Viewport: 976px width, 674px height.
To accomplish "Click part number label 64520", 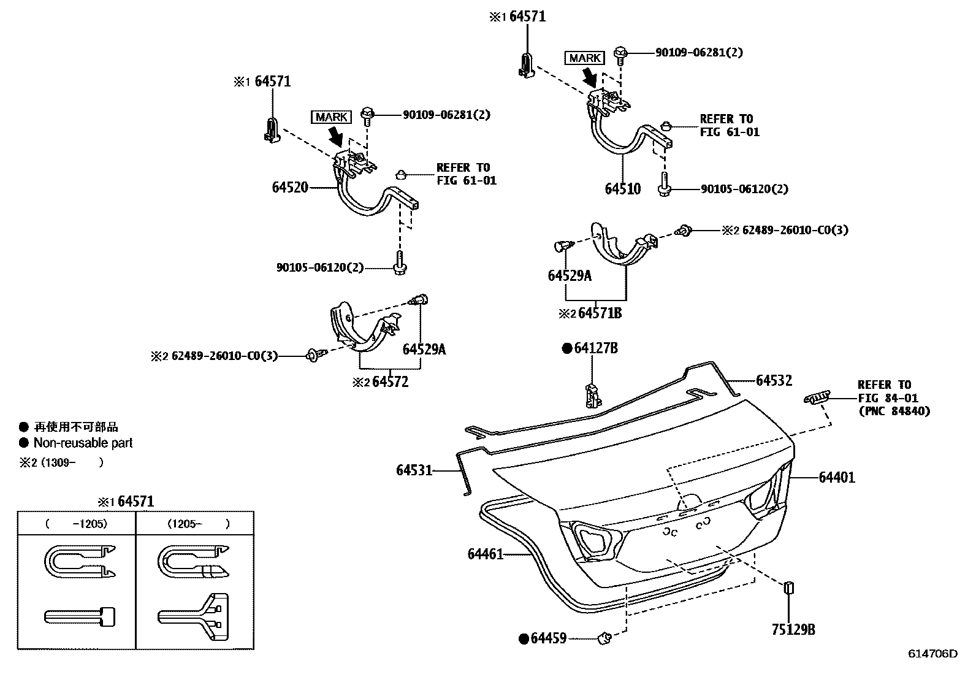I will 289,188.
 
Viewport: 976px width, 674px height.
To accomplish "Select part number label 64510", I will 622,189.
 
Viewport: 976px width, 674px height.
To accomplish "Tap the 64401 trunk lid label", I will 836,477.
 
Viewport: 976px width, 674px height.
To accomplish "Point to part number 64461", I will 485,554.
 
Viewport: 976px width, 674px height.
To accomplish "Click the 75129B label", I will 793,630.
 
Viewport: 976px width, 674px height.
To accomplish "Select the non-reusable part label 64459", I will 548,639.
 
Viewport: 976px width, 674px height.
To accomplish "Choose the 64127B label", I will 595,349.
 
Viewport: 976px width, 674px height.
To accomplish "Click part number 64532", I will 774,381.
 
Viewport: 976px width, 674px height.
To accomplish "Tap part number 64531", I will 414,470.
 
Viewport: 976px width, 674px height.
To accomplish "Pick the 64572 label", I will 390,382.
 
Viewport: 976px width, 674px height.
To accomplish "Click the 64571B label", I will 600,313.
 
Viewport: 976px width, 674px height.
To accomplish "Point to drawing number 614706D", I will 932,654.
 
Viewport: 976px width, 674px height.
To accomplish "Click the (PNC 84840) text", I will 894,412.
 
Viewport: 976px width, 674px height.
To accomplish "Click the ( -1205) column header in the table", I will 76,524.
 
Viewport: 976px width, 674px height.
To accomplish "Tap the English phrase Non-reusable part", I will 83,443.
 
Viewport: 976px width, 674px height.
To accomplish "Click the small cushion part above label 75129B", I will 789,588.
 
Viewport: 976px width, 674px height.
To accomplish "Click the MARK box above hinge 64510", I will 584,58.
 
